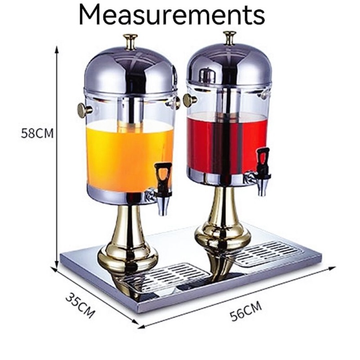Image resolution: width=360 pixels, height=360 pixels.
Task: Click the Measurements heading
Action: pyautogui.click(x=172, y=14)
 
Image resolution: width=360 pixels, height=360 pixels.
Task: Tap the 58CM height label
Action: pyautogui.click(x=37, y=133)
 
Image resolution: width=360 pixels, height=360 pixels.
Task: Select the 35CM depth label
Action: pyautogui.click(x=80, y=306)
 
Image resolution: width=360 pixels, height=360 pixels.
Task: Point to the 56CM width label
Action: pyautogui.click(x=246, y=311)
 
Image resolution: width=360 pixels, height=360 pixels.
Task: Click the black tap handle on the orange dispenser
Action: pyautogui.click(x=163, y=176)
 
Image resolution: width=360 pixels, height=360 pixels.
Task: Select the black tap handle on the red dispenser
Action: pyautogui.click(x=263, y=161)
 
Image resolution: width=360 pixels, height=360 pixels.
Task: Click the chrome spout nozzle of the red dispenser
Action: pyautogui.click(x=262, y=188)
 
